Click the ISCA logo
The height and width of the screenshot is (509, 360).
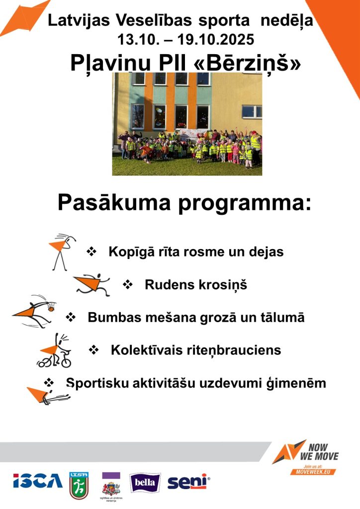pyautogui.click(x=38, y=481)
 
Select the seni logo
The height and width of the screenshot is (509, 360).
pyautogui.click(x=188, y=481)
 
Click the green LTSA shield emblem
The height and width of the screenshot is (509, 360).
pyautogui.click(x=79, y=485)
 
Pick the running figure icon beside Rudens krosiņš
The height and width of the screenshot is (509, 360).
pyautogui.click(x=92, y=284)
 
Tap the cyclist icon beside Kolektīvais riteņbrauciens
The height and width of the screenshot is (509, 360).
pyautogui.click(x=54, y=351)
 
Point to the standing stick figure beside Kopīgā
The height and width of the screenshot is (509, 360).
pyautogui.click(x=62, y=251)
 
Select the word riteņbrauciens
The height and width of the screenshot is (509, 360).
pyautogui.click(x=237, y=350)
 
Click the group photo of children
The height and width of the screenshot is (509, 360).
pyautogui.click(x=187, y=124)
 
